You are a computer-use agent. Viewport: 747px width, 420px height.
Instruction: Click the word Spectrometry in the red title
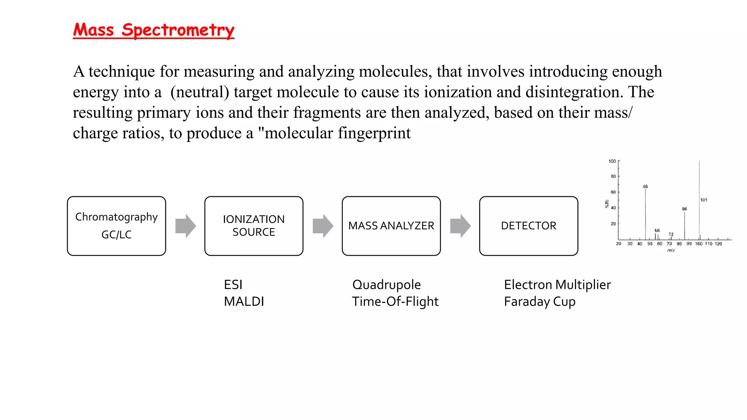coord(178,30)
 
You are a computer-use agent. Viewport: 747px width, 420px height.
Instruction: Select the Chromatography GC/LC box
coord(116,226)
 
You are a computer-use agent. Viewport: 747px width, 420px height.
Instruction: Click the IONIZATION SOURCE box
coord(253,226)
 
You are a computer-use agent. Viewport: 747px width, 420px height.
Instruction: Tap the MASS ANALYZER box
coord(391,226)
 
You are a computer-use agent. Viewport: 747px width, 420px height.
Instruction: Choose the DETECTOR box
coord(529,226)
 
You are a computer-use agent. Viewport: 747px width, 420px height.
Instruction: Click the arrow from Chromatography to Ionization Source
coord(185,226)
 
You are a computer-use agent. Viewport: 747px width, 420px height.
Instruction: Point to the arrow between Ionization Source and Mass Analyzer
coord(323,226)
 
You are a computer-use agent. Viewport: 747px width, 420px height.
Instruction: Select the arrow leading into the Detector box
coord(460,226)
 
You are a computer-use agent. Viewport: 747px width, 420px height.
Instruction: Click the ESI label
coord(233,285)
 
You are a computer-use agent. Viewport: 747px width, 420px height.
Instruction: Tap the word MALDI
coord(244,302)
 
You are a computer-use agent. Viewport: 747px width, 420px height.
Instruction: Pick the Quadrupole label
coord(386,285)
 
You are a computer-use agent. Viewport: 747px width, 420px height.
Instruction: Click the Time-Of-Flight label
coord(395,302)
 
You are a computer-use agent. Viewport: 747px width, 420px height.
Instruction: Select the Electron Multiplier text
coord(557,285)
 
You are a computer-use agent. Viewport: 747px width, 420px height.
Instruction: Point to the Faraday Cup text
coord(539,302)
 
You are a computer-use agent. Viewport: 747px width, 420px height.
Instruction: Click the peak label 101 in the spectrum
coord(704,200)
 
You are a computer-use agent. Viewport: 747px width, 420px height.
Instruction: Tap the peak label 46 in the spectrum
coord(645,186)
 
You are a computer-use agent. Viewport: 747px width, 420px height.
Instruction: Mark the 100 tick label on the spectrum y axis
coord(612,161)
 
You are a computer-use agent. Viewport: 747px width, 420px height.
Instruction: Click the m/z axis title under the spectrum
coord(671,250)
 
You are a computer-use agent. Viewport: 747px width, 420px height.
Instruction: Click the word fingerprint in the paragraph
coord(374,133)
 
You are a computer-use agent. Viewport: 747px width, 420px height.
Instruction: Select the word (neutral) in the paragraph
coord(200,92)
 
